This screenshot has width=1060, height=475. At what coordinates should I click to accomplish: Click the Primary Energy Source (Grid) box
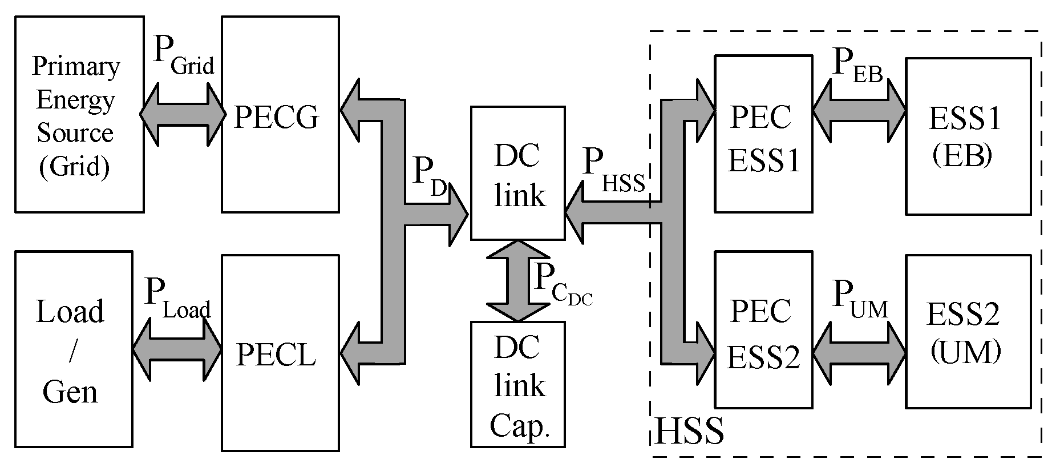coord(79,114)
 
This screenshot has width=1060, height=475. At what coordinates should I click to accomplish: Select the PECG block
coord(280,114)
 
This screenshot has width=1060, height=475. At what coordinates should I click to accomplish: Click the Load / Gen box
coord(74,349)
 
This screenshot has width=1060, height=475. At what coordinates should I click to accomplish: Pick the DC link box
coord(517,173)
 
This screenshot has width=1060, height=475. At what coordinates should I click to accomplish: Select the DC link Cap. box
coord(517,384)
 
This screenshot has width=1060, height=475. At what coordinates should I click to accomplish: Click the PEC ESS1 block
coord(763,134)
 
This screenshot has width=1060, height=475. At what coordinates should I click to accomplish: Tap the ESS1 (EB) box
coord(968,136)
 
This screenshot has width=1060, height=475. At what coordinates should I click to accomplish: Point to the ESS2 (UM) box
coord(968,332)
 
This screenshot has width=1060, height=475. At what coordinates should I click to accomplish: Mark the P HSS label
coord(613,170)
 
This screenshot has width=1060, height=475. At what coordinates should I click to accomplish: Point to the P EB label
coord(857,66)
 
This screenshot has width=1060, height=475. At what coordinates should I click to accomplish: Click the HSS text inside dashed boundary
coord(689,431)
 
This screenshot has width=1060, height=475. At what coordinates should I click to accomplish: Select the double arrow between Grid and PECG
coord(183,115)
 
